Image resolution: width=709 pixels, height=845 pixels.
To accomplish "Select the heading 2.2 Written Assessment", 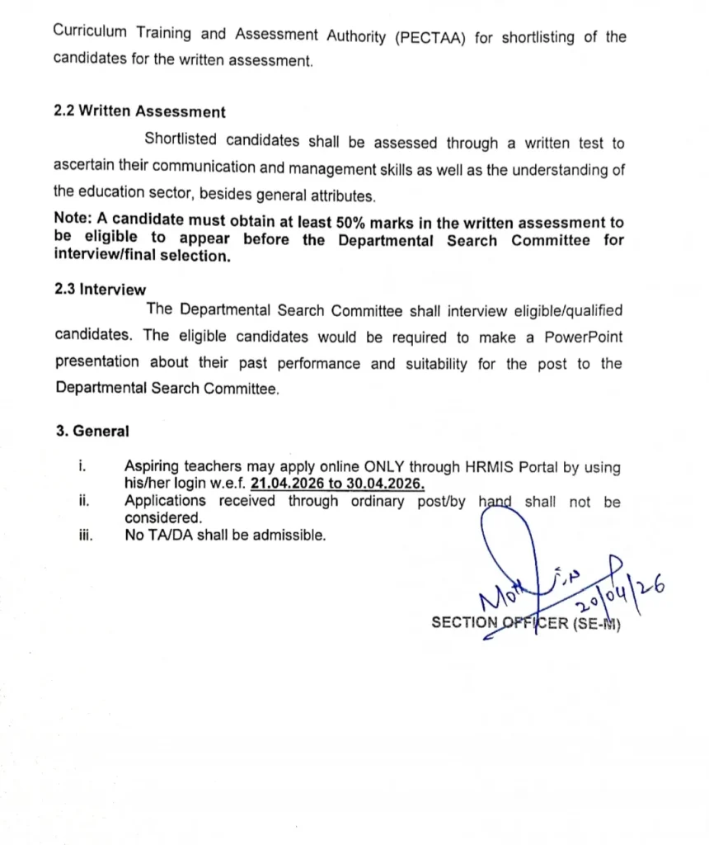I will coord(139,111).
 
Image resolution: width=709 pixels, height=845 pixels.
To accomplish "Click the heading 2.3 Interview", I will coord(100,290).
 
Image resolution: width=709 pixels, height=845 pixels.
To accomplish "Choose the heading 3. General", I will coord(92,431).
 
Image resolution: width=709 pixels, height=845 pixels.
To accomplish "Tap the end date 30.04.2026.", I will coord(385,484).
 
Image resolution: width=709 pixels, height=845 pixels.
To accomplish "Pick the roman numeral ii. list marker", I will coord(84,501).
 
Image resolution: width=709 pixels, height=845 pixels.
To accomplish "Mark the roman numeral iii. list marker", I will coord(86,536).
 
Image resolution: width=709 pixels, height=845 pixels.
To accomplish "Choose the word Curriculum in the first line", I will coord(89,34).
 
